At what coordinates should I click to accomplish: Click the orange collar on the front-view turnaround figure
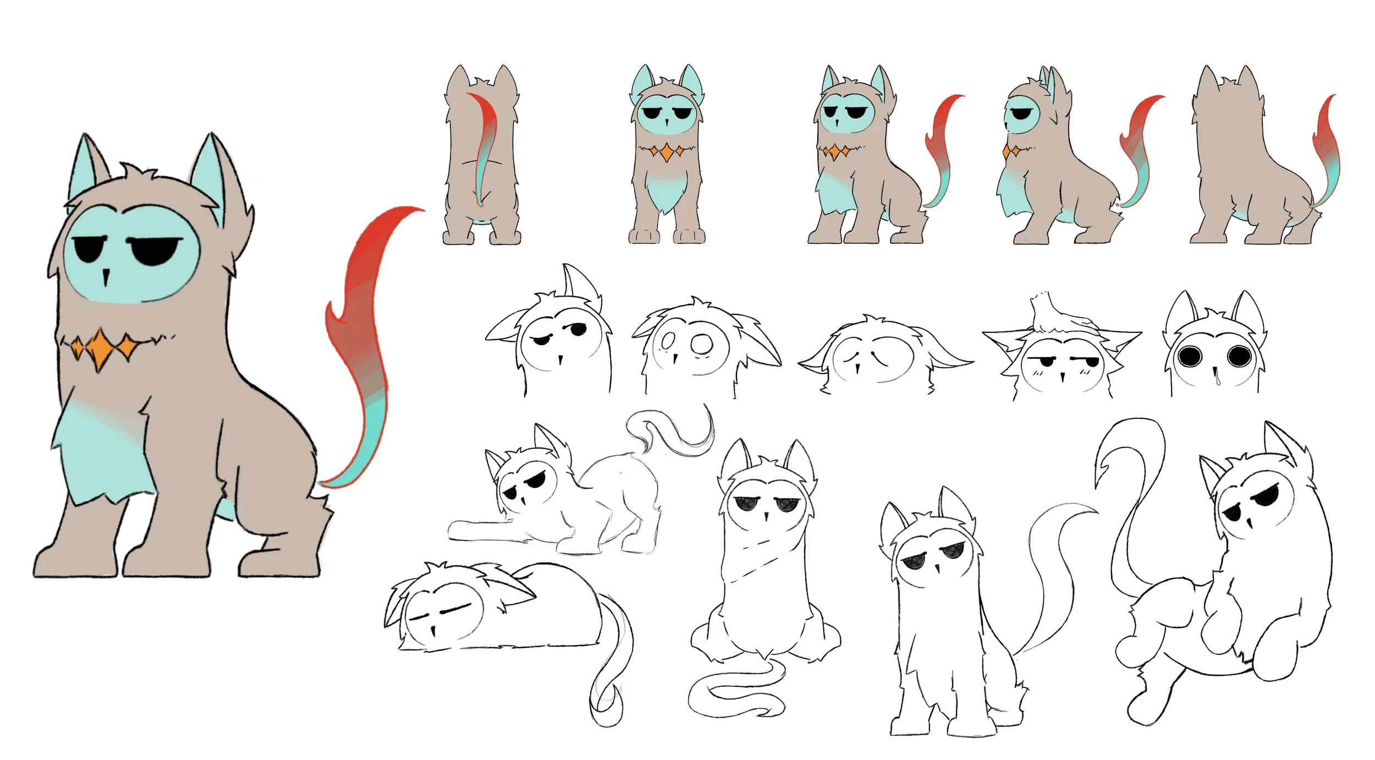click(666, 151)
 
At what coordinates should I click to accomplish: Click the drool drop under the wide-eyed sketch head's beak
click(1218, 379)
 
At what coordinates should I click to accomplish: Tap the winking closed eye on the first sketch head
click(541, 340)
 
